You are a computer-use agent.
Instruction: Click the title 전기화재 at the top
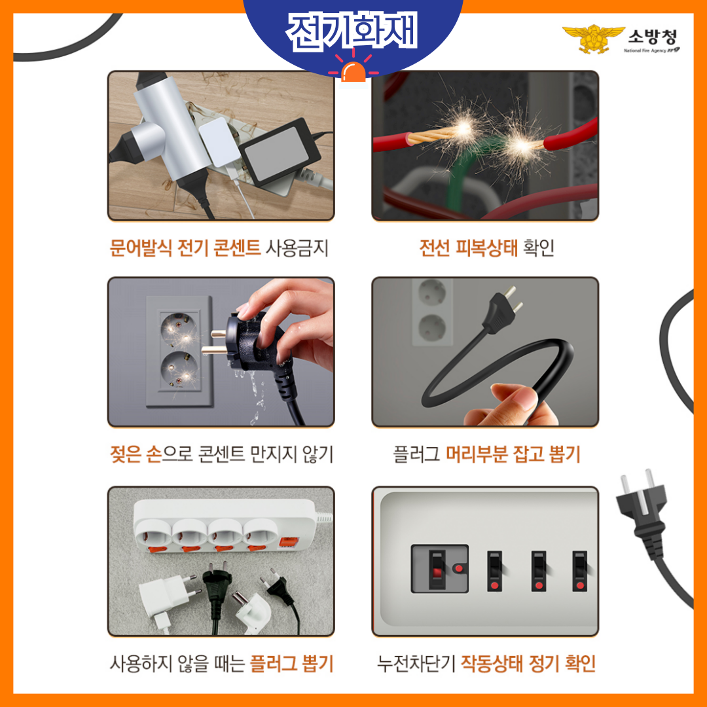click(x=352, y=31)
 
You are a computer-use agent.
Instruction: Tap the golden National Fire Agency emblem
click(x=593, y=39)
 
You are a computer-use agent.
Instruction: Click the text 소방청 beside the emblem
click(x=653, y=37)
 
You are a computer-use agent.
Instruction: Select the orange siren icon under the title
click(x=353, y=70)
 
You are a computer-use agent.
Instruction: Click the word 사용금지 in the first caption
click(x=297, y=248)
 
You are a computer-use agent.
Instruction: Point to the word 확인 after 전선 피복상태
click(x=538, y=247)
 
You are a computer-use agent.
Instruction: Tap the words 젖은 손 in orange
click(x=136, y=454)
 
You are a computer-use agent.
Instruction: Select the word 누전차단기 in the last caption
click(x=416, y=664)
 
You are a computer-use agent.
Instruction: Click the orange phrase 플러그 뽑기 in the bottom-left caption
click(x=292, y=664)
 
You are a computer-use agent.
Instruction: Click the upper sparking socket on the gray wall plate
click(x=179, y=329)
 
